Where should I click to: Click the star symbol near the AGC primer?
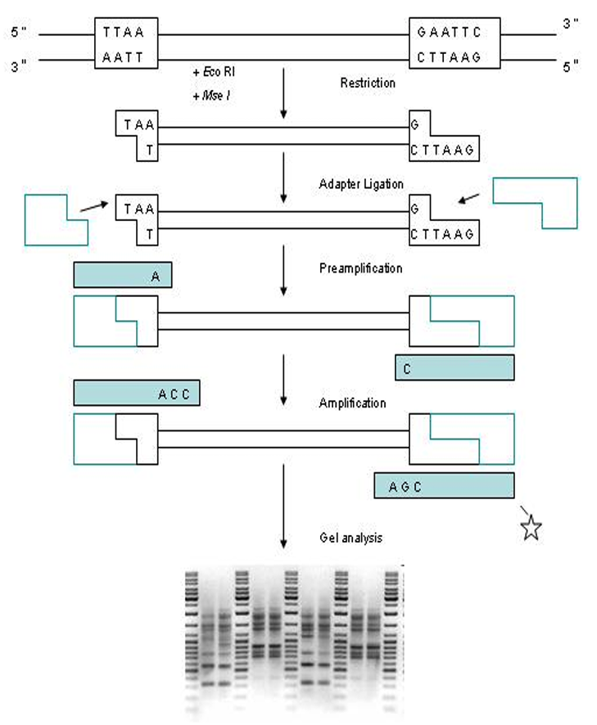point(531,529)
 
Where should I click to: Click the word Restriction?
point(368,83)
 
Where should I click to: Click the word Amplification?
point(353,403)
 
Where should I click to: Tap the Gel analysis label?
point(351,538)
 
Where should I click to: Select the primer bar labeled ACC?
point(137,393)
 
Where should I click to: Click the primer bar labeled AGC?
point(444,485)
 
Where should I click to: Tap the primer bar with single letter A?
point(122,276)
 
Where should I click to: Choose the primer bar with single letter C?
point(455,367)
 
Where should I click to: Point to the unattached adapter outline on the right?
point(534,201)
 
